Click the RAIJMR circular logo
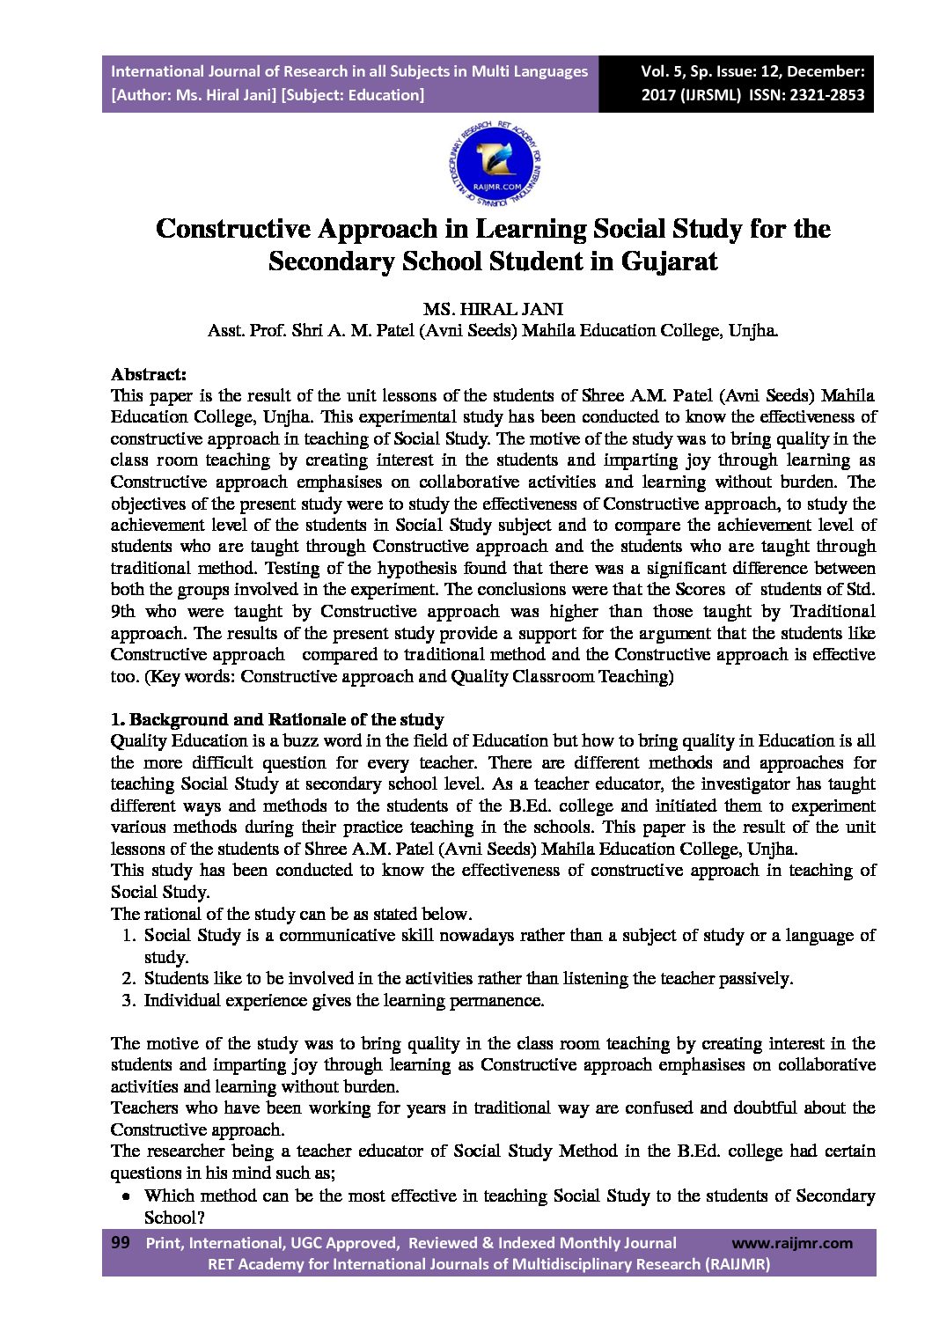[494, 162]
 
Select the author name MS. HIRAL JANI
[493, 309]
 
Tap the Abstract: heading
[148, 374]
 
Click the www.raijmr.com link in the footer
[792, 1243]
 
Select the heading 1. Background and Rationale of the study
[277, 719]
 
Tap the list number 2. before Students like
[128, 978]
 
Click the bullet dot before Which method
[127, 1196]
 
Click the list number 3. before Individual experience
[128, 1000]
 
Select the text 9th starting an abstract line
[122, 611]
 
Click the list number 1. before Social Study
[128, 935]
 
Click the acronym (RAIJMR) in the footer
[738, 1264]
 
